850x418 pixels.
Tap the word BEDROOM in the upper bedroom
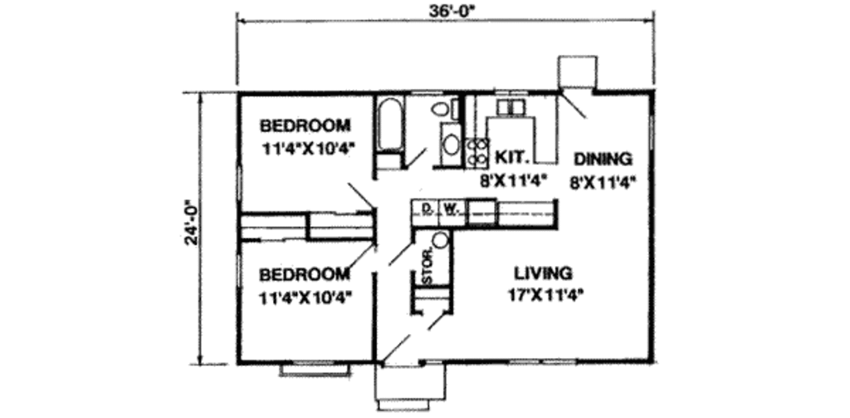tap(305, 126)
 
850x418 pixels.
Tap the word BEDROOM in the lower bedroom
tap(304, 274)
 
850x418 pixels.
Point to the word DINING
tap(603, 159)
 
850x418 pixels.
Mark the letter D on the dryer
tap(426, 209)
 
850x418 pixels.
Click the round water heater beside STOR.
tap(441, 241)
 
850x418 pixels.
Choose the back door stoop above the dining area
tap(574, 71)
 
